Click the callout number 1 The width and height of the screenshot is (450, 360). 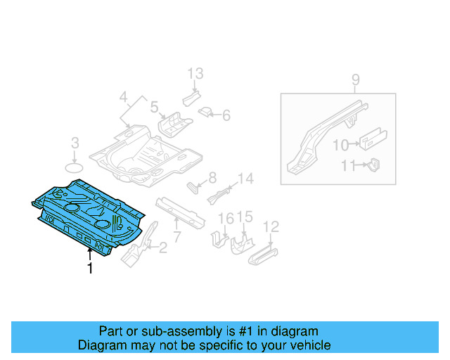coord(89,268)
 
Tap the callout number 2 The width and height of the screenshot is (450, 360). coord(163,247)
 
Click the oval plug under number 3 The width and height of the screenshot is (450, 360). coord(74,167)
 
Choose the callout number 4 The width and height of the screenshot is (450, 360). coord(124,97)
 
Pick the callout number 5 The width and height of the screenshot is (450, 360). coord(154,107)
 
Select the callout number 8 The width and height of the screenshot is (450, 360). coord(212,178)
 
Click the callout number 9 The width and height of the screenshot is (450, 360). coord(355,80)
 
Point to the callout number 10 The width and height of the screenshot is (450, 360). coord(340,145)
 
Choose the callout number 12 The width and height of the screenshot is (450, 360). coord(271,226)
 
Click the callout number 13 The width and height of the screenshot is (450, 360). coord(195,73)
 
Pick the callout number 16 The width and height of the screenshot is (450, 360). coord(224,219)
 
